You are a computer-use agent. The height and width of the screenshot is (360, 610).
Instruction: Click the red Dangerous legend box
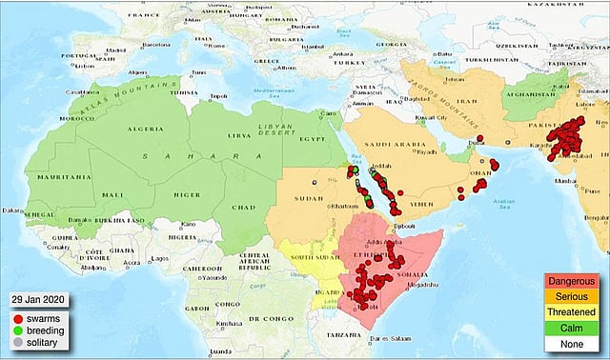572,282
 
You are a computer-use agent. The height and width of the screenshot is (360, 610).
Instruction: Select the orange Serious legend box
572,297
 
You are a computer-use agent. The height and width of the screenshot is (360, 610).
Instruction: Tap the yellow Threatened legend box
572,311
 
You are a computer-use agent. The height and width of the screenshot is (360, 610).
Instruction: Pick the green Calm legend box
572,327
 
